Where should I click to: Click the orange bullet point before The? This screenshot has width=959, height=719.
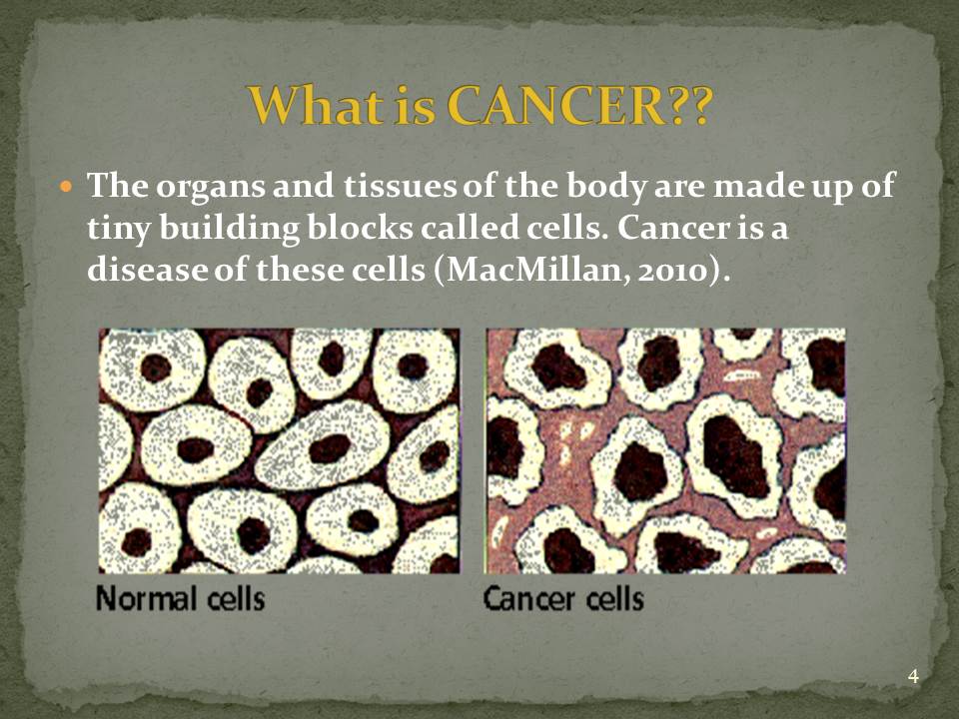point(67,185)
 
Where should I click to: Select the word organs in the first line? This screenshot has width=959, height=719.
point(210,187)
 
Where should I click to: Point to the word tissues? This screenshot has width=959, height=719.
point(400,185)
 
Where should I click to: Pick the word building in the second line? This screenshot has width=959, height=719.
point(230,230)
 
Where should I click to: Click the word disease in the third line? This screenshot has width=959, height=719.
point(147,270)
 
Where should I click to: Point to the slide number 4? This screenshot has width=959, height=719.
point(913,676)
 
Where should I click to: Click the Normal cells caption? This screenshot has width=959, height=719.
point(181,597)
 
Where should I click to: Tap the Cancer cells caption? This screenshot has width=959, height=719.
point(563,597)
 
